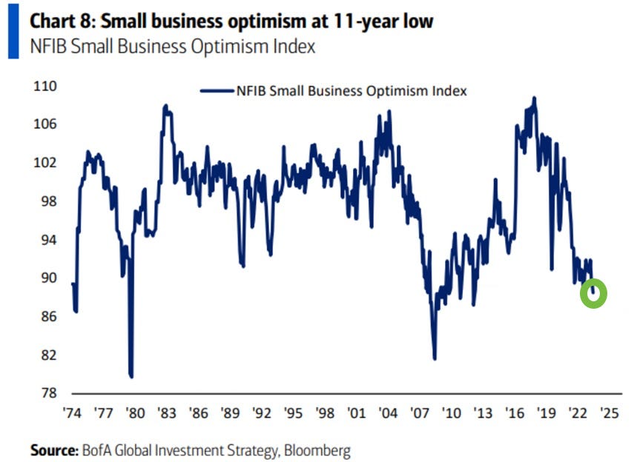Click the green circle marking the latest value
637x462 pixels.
point(593,294)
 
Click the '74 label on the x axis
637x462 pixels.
point(73,412)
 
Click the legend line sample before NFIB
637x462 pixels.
point(217,91)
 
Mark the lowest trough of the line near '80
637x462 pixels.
point(131,376)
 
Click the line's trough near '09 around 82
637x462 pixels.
point(435,358)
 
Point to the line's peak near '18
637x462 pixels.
point(534,98)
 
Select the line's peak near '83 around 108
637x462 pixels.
point(165,106)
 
